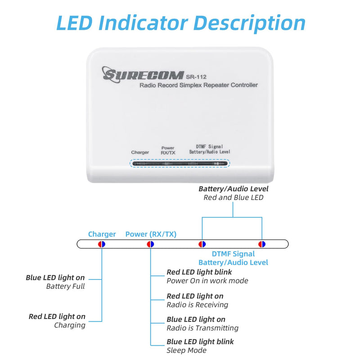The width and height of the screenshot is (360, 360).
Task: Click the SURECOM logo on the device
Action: click(143, 74)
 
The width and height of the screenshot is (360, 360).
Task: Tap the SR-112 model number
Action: click(196, 77)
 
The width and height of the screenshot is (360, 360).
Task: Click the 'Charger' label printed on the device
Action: click(140, 152)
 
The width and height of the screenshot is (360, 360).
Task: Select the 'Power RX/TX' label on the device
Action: click(168, 150)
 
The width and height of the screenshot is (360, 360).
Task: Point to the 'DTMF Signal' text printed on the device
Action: click(209, 147)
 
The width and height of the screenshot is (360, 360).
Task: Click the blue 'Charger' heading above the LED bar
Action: click(102, 234)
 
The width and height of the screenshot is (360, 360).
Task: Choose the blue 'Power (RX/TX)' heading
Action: click(151, 234)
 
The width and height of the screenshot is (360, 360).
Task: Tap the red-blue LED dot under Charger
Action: click(102, 244)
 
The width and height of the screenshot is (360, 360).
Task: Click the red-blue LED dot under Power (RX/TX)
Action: click(151, 244)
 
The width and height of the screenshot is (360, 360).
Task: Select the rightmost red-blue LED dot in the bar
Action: click(262, 244)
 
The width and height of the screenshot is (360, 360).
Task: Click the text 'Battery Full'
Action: click(65, 286)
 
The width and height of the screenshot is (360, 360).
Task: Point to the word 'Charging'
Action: click(70, 325)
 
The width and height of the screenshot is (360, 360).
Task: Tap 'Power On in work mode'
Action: click(207, 281)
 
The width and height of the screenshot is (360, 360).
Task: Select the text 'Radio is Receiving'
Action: click(198, 305)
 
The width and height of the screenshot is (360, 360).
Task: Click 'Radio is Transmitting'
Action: click(202, 328)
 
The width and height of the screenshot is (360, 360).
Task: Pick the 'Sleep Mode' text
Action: click(186, 351)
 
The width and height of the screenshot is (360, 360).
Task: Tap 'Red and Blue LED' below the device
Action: click(234, 198)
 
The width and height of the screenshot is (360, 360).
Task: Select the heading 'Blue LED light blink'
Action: click(200, 342)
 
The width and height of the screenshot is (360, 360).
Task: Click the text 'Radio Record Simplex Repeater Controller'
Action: click(198, 85)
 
